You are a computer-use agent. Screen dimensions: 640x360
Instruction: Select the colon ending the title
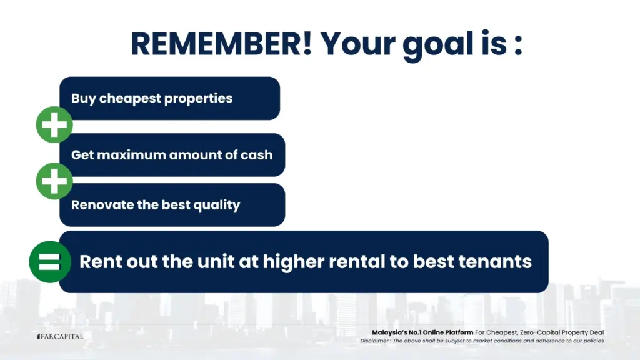tap(518, 46)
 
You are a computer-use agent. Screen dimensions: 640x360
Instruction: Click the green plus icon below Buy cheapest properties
tap(54, 124)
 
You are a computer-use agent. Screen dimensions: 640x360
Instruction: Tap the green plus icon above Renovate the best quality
tap(54, 181)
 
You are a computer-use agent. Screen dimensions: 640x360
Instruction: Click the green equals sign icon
tap(50, 262)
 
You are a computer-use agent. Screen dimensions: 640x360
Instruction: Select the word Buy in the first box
tap(83, 98)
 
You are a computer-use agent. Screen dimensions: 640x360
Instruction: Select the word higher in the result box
tap(294, 262)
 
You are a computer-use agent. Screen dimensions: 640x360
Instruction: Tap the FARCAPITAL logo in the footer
tap(60, 336)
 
